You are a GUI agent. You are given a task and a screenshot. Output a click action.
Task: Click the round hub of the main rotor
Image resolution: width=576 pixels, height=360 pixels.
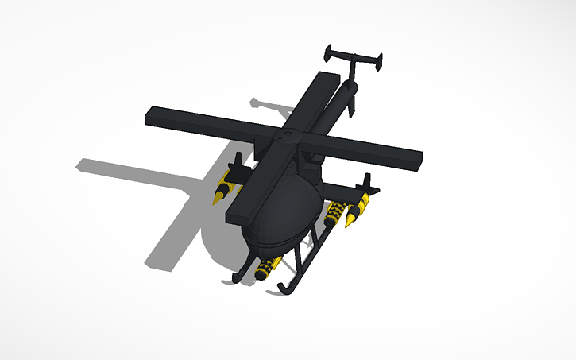(284, 136)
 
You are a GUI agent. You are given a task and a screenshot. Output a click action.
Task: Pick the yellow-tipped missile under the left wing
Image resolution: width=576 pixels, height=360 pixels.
(224, 192)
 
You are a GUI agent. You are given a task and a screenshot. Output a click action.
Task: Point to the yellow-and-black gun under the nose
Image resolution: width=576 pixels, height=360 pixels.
(269, 267)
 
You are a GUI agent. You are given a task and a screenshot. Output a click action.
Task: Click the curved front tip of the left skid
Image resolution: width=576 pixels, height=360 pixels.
(237, 277)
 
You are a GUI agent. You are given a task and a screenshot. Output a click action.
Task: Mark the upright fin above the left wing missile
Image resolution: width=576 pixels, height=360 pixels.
(235, 163)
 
